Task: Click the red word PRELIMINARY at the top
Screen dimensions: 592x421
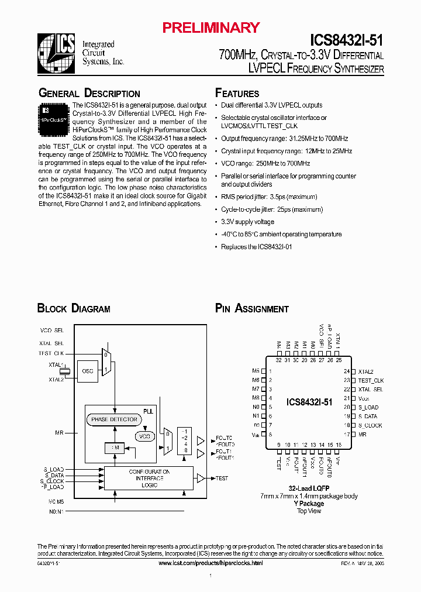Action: pyautogui.click(x=210, y=27)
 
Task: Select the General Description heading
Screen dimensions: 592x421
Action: pyautogui.click(x=89, y=94)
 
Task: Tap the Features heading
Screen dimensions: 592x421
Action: pyautogui.click(x=237, y=94)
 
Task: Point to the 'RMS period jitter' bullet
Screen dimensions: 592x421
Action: pyautogui.click(x=269, y=197)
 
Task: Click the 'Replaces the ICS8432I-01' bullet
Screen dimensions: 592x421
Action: pyautogui.click(x=256, y=247)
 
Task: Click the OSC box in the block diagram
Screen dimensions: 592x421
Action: pyautogui.click(x=88, y=371)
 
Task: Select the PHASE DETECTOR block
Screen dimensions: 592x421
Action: pyautogui.click(x=115, y=419)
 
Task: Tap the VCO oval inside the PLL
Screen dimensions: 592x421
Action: pyautogui.click(x=144, y=436)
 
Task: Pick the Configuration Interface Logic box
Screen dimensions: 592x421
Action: pyautogui.click(x=149, y=478)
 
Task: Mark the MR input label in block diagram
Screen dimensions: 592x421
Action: pyautogui.click(x=60, y=433)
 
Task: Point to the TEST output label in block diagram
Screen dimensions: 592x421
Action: pyautogui.click(x=222, y=478)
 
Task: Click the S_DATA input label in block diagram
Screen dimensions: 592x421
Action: pyautogui.click(x=54, y=476)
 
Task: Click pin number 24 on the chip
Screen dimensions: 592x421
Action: pyautogui.click(x=346, y=371)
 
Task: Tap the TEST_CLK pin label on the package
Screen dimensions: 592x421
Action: pyautogui.click(x=371, y=380)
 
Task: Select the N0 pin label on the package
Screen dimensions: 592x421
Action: pyautogui.click(x=256, y=407)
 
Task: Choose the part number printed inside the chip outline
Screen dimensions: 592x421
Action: pyautogui.click(x=309, y=402)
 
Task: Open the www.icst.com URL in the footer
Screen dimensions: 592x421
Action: pyautogui.click(x=210, y=563)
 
